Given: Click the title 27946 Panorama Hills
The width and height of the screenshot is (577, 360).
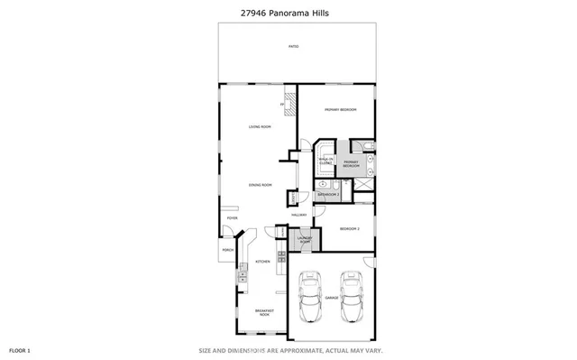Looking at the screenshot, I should click(x=288, y=11).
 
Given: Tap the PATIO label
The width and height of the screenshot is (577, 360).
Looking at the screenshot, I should click(x=292, y=45).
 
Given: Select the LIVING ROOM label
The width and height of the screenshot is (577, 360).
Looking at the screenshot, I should click(x=260, y=126).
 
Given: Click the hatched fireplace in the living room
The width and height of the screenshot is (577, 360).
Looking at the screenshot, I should click(x=290, y=101).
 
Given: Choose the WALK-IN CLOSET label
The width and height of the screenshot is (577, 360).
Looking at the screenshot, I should click(x=325, y=162).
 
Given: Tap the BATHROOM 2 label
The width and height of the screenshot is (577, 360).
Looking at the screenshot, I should click(x=327, y=194).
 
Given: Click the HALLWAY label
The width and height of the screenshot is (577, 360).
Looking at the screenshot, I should click(x=299, y=215).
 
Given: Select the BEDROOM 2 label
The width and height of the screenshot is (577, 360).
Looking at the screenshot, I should click(x=350, y=229).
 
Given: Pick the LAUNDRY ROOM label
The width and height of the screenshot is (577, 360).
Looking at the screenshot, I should click(x=305, y=241).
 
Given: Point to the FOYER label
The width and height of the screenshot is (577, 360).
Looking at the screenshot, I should click(x=232, y=217).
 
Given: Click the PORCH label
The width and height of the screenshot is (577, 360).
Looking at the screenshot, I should click(x=227, y=251).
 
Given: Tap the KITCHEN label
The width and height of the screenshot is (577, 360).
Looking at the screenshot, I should click(x=263, y=262).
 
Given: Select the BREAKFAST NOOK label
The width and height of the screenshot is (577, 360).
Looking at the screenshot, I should click(x=264, y=313).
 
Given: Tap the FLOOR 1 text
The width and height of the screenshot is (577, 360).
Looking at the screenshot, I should click(x=20, y=349).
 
